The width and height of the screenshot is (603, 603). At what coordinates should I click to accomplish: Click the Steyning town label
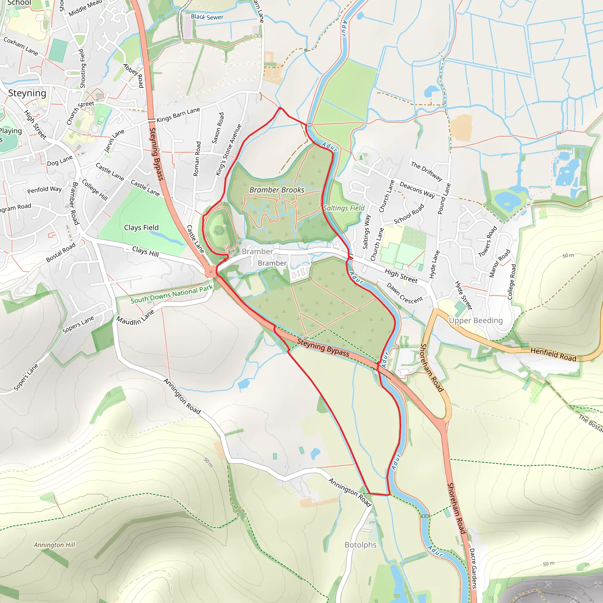(27, 93)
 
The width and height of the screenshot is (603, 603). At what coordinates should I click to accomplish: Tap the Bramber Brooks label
(277, 190)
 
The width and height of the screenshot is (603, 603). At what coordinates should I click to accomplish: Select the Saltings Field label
(344, 208)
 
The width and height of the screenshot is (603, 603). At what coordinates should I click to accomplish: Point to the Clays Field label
(141, 228)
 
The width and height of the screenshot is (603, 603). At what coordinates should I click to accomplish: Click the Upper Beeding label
(476, 321)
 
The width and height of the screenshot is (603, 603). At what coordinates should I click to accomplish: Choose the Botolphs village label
(360, 545)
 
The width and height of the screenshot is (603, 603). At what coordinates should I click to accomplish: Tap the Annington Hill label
(55, 545)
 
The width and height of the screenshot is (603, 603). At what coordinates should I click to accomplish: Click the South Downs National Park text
(172, 294)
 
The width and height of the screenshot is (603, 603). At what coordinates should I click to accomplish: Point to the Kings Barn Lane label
(178, 115)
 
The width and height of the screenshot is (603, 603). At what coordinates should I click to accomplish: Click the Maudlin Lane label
(135, 317)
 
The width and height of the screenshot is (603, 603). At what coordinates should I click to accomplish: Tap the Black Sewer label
(207, 17)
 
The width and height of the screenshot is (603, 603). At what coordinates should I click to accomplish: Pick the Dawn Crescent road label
(405, 293)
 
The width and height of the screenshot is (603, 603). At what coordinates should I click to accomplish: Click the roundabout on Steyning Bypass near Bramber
(211, 271)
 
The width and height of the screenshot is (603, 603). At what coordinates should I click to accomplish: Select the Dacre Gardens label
(473, 568)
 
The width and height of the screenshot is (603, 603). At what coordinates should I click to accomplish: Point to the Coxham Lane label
(21, 47)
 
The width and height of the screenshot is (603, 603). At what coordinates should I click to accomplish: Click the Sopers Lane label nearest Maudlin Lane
(78, 324)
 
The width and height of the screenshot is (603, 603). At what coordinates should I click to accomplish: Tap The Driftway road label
(426, 171)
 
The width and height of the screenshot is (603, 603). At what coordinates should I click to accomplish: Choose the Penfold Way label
(44, 189)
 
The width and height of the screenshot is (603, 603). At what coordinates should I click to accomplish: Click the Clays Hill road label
(145, 251)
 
